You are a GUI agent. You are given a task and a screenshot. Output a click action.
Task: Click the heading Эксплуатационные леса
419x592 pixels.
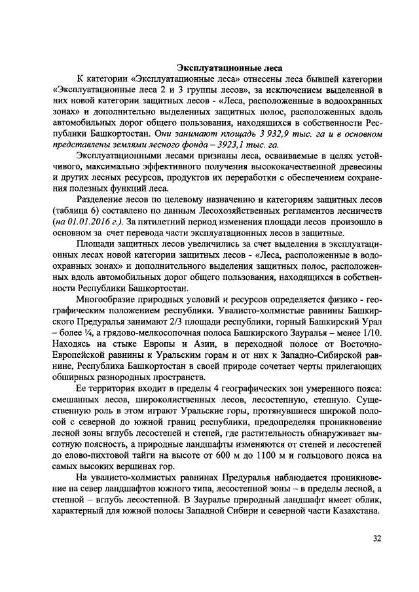click(230, 67)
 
